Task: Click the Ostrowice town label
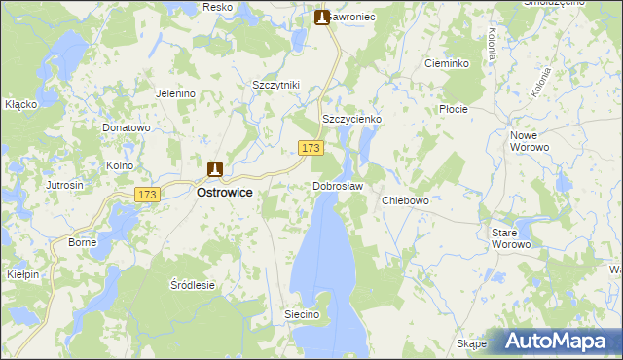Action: point(225,193)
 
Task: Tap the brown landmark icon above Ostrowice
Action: point(215,168)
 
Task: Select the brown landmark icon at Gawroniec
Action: point(322,17)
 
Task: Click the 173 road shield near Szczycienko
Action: point(311,147)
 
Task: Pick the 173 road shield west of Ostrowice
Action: point(147,195)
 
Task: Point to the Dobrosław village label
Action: point(338,186)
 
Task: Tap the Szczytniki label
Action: point(275,85)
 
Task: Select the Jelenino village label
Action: point(176,93)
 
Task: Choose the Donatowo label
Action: point(127,127)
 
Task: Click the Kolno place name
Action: point(120,165)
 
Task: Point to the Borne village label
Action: point(81,242)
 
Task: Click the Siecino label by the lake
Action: point(302,314)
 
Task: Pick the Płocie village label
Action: point(454,109)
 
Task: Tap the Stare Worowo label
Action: point(511,238)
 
